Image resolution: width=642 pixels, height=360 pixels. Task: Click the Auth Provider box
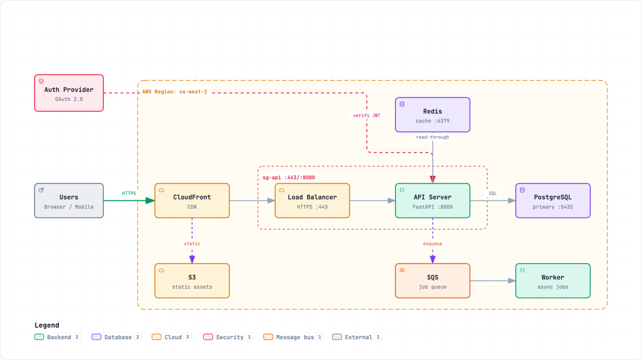tap(69, 93)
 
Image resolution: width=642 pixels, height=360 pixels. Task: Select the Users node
tap(69, 200)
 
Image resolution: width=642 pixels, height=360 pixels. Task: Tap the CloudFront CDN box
tap(192, 200)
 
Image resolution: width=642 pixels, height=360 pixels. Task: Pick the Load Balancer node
tap(313, 200)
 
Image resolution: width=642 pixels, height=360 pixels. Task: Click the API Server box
tap(432, 200)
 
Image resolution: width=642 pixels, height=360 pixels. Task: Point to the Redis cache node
tap(432, 115)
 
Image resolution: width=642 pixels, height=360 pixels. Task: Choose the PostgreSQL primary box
tap(553, 200)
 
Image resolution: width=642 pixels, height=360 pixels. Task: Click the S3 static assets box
tap(192, 280)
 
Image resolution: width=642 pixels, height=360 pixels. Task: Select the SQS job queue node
tap(432, 280)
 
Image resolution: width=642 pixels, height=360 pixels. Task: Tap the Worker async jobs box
tap(553, 280)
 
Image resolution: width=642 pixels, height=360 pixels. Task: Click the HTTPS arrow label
tap(129, 193)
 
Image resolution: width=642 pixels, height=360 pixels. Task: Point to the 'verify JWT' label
tap(366, 115)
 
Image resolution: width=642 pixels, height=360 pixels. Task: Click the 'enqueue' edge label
tap(432, 244)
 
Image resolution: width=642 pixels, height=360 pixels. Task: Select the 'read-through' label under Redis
tap(432, 137)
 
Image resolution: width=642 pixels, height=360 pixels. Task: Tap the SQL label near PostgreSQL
tap(493, 194)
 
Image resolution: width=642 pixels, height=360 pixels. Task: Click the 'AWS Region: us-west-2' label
tap(175, 91)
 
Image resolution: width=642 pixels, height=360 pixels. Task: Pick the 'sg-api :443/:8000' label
tap(289, 178)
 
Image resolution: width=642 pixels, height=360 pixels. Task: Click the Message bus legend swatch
tap(268, 337)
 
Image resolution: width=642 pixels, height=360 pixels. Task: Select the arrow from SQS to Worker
tap(493, 280)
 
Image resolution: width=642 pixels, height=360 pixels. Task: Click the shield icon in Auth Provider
tap(41, 81)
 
